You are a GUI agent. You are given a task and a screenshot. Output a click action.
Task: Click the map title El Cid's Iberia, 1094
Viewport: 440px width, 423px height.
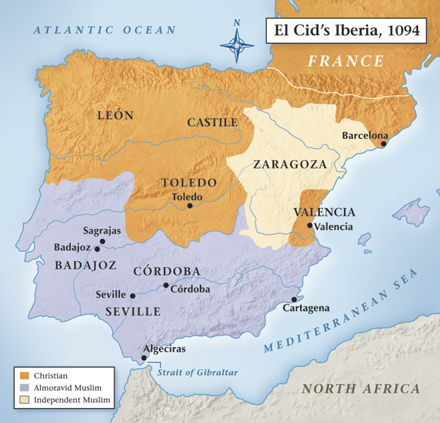pos(345,31)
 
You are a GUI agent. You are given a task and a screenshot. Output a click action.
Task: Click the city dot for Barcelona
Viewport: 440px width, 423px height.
pos(383,143)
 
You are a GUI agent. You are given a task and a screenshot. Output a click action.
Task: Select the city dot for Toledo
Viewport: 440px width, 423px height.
pos(190,206)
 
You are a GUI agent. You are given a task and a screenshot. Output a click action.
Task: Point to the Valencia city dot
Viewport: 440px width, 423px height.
pos(309,226)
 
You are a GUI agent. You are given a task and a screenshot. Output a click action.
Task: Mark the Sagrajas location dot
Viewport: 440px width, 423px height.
pos(102,241)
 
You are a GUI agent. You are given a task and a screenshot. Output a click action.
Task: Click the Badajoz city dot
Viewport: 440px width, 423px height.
pos(97,249)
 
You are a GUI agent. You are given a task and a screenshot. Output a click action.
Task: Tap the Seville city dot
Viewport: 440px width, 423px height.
pos(133,295)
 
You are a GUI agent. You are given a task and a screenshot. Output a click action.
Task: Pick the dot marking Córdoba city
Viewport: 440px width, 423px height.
pos(166,286)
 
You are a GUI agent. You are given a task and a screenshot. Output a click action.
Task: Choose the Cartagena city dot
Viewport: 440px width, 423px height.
pos(294,299)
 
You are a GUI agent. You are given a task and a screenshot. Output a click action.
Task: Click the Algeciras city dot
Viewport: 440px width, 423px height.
pos(144,357)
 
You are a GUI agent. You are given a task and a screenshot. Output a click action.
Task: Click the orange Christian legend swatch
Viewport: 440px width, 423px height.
pos(25,376)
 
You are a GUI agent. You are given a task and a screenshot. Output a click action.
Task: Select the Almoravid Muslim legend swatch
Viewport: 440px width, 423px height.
pos(25,388)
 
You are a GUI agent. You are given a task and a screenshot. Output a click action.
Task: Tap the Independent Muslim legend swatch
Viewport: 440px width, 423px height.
pos(25,400)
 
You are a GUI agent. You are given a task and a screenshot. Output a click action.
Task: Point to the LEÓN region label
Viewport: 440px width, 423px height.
pos(114,115)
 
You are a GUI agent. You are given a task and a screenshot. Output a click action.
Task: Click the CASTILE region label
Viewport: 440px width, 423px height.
pos(212,122)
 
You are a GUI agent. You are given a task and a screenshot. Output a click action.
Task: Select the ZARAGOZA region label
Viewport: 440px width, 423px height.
pos(290,164)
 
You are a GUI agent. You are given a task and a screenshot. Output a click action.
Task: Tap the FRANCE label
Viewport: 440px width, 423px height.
pos(346,61)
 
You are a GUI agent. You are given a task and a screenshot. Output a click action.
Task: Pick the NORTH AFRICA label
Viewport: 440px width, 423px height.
pos(360,388)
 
